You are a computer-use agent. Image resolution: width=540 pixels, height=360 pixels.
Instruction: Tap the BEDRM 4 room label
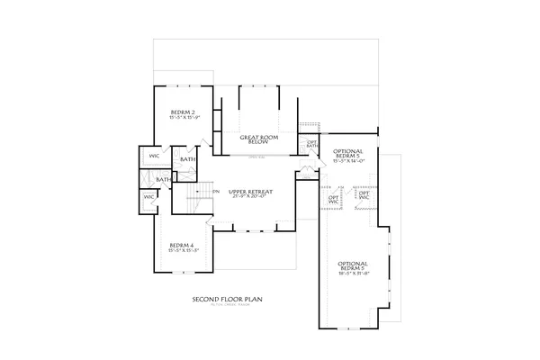183,246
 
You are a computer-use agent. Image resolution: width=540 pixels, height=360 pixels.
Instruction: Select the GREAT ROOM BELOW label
258,139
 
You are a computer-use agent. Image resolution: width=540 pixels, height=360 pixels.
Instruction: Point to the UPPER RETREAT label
250,192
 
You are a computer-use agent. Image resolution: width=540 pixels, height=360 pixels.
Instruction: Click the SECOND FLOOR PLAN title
226,300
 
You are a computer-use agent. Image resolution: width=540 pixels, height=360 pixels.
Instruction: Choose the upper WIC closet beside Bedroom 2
154,157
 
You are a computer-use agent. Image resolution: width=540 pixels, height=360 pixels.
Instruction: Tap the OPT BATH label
312,143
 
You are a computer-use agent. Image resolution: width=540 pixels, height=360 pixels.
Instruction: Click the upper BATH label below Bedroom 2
187,159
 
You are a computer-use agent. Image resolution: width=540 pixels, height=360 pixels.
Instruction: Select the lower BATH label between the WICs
164,179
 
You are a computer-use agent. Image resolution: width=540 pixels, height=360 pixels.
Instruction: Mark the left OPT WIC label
333,198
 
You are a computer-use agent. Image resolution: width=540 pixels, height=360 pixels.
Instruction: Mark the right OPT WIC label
364,194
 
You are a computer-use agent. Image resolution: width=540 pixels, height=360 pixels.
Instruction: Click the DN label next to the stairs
216,191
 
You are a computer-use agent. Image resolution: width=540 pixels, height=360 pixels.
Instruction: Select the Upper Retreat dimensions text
250,198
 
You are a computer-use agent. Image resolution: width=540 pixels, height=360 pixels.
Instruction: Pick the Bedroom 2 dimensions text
183,115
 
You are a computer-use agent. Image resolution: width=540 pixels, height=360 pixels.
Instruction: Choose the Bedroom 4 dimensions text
183,252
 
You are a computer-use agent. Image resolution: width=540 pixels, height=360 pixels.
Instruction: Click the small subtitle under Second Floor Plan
226,307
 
